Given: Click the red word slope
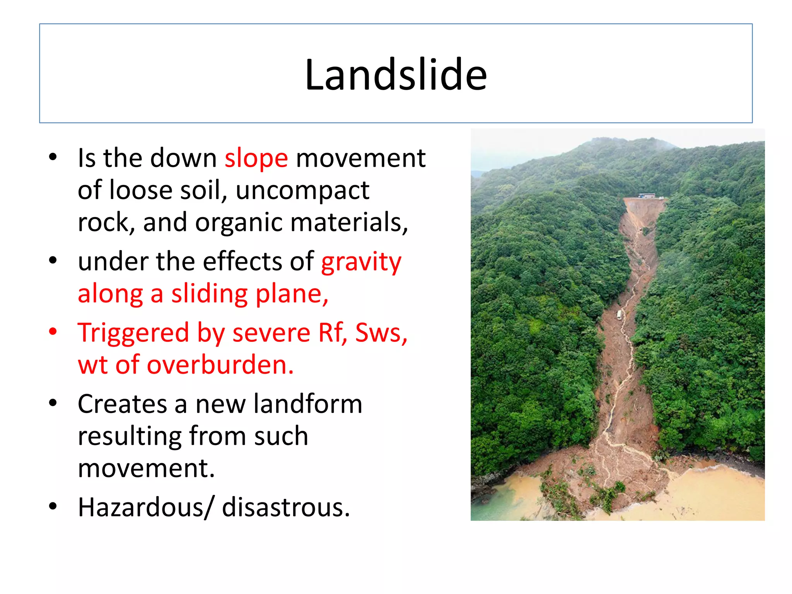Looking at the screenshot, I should click(256, 159).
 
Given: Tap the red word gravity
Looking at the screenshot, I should click(361, 262).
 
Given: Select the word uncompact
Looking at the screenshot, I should click(302, 191).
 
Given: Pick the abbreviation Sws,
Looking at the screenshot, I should click(381, 333).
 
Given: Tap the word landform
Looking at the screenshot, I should click(308, 404).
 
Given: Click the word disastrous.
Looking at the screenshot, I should click(286, 507).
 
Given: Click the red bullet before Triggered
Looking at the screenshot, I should click(53, 331).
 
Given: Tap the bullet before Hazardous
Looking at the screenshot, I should click(53, 506).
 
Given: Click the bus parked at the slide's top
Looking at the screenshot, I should click(646, 196).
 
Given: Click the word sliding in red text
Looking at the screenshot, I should click(209, 294).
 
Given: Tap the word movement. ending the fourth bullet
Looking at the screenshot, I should click(146, 468).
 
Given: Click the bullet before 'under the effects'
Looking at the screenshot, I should click(53, 260).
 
